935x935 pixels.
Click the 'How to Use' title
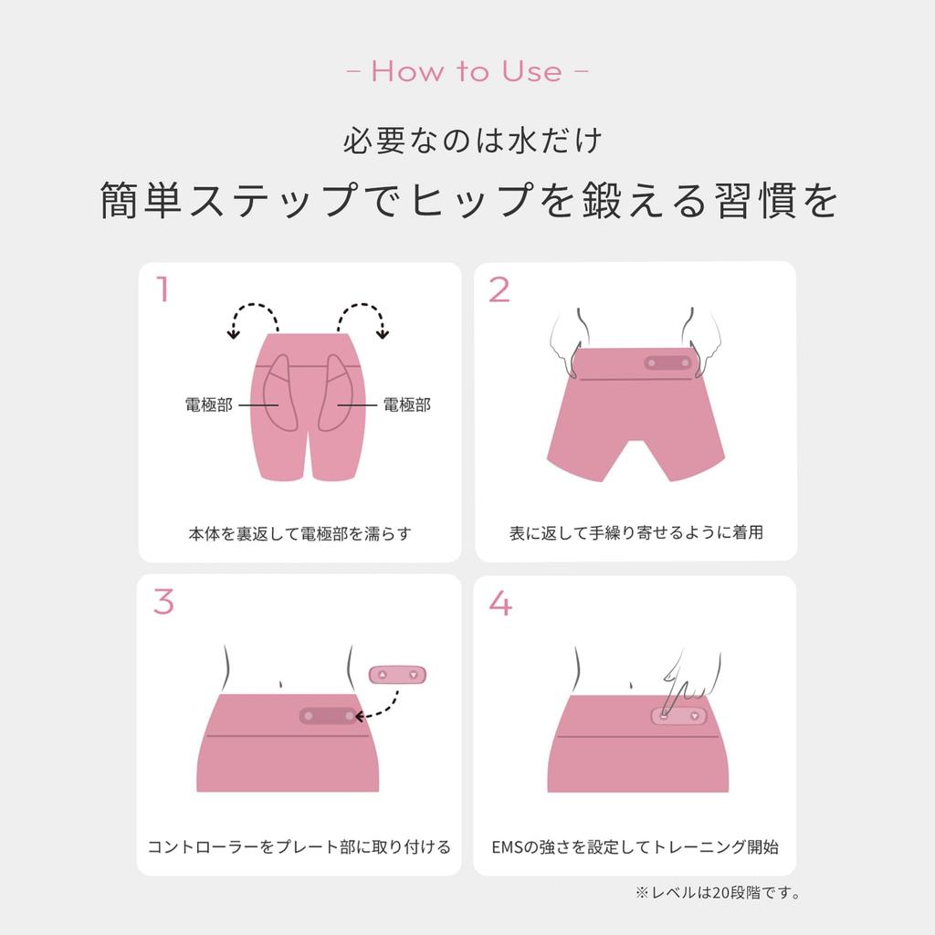point(467,71)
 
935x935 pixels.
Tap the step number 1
point(163,289)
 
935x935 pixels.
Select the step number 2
point(499,289)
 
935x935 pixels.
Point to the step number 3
point(163,601)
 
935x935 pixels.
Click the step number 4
point(500,603)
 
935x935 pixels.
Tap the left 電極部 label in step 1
point(209,404)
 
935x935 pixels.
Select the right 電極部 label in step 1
point(406,404)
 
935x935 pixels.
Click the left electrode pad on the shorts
point(279,394)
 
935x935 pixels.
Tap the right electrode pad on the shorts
point(335,394)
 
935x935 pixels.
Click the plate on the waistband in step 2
point(667,362)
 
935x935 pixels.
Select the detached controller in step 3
point(398,675)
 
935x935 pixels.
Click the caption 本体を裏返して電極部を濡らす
point(299,533)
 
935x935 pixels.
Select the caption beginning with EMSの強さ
point(636,846)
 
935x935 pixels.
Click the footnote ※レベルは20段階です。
point(718,893)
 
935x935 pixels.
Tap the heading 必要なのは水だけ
point(472,141)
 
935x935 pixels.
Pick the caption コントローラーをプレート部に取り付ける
point(299,846)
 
